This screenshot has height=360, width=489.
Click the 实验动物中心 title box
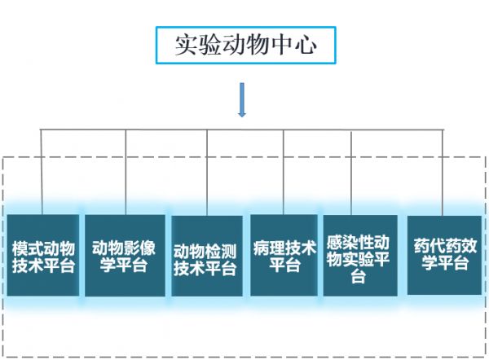pos(246,45)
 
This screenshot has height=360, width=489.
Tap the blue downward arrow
pos(242,99)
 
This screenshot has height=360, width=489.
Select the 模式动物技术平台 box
pos(43,255)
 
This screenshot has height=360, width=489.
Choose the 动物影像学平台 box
pos(125,256)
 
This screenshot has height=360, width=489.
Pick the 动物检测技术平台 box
pos(207,257)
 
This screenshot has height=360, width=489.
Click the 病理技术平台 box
pos(284,255)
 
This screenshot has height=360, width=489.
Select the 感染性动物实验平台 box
pos(360,256)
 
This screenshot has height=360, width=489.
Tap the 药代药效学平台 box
pos(445,255)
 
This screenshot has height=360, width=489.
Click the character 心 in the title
pos(306,45)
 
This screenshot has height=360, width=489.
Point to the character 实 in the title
pos(187,45)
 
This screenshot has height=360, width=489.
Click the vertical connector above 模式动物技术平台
pos(42,172)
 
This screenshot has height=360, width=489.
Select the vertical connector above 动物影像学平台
pos(126,172)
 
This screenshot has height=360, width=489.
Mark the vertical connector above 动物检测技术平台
pos(207,173)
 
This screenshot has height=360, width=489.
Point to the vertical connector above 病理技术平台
pos(284,172)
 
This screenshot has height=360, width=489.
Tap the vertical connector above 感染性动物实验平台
pos(351,173)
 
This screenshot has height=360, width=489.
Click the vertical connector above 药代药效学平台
pos(443,173)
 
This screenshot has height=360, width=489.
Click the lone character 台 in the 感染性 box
pos(358,276)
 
